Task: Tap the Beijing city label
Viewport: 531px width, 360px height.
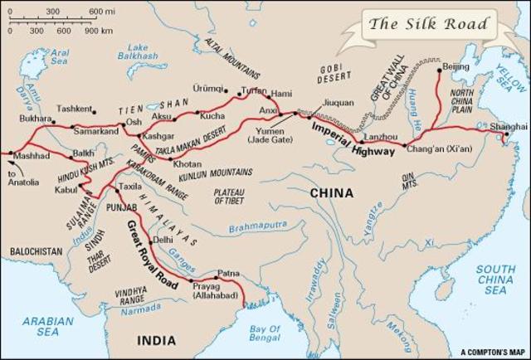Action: (455, 66)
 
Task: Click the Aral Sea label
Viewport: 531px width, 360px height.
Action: (59, 56)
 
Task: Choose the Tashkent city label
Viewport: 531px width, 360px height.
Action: (74, 109)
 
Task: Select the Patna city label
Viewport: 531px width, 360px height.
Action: (228, 273)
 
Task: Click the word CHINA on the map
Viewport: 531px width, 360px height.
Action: (331, 192)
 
